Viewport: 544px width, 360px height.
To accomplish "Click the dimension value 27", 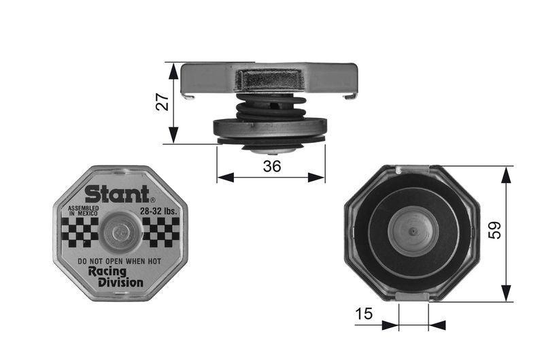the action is (x=162, y=102).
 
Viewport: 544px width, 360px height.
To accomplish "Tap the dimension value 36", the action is (x=271, y=166).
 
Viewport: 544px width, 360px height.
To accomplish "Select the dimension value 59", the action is (x=495, y=230).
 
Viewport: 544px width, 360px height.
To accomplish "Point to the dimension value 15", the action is (x=364, y=314).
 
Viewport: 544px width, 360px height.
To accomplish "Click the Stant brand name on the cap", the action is (x=117, y=194).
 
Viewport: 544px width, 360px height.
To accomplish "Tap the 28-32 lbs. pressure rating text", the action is (x=158, y=211).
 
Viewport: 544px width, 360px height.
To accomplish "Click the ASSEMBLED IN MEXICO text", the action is (x=83, y=211).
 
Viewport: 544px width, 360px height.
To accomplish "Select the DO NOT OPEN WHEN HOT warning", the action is (x=120, y=261).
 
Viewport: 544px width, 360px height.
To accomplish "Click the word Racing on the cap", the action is (x=107, y=272).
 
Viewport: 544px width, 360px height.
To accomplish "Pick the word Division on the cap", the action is (x=120, y=282).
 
